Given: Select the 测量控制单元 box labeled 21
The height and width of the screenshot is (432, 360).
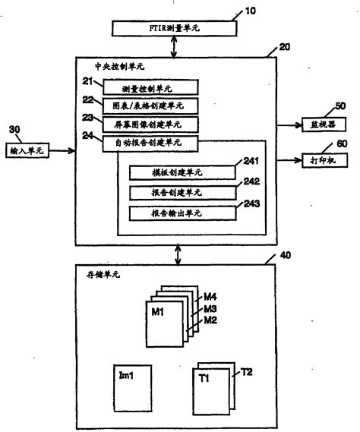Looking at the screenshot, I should tap(153, 87).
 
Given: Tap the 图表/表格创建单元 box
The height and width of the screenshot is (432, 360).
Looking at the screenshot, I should tap(153, 105).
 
